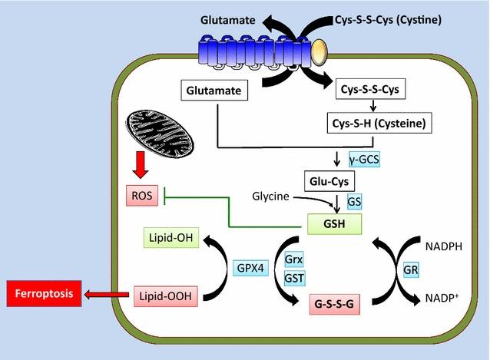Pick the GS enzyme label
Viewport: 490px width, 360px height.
[354, 200]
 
